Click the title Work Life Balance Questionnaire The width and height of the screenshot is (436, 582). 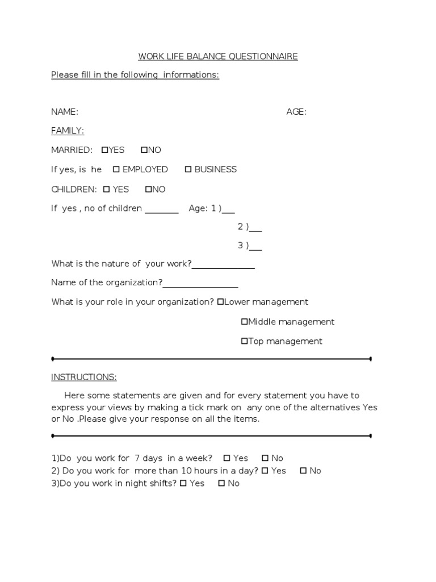coord(218,56)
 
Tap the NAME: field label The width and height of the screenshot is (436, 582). coord(65,112)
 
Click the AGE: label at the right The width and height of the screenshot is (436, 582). coord(296,112)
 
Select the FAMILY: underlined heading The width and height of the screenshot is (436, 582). coord(68,131)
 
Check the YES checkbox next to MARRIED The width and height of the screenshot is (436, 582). coord(105,150)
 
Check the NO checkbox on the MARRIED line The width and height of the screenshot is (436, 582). coord(144,150)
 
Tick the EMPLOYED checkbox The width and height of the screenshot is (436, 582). coord(116,169)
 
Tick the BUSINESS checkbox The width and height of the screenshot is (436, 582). coord(188,169)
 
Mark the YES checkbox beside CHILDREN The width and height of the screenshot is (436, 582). coord(106,189)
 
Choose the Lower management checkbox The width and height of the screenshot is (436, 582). coord(220,302)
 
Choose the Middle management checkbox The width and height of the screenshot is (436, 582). coord(245,322)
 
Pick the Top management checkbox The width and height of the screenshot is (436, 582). coord(245,341)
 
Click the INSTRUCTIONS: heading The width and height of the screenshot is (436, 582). coord(84,377)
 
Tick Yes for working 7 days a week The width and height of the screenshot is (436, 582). coord(227,458)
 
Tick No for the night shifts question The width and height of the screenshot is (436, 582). coord(221,484)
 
